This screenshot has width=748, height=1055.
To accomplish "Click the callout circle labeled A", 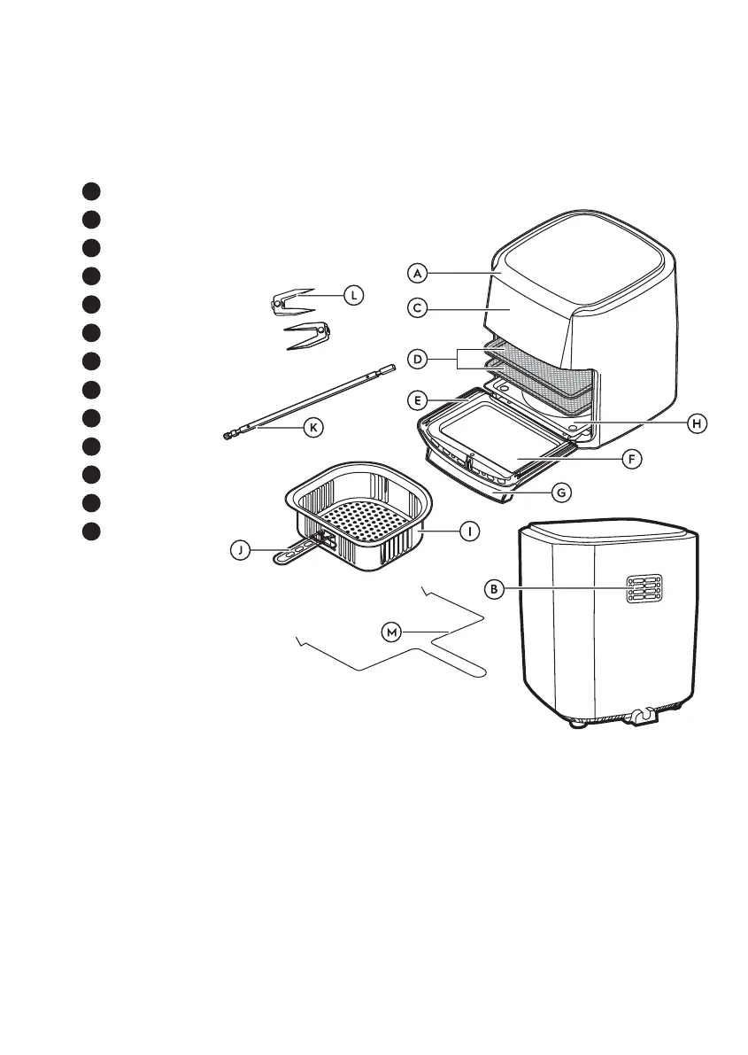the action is pos(420,271).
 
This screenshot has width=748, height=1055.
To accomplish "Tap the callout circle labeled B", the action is pos(497,588).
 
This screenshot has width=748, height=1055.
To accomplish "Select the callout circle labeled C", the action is pos(420,309).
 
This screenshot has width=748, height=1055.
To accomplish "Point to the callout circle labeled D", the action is pos(420,359).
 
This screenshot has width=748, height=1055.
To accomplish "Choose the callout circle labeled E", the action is pos(420,400).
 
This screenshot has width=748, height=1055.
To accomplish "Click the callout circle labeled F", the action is pos(630,461).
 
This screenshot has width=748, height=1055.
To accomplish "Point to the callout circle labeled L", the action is pos(352,295).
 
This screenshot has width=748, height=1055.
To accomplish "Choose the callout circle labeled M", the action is pos(391,632).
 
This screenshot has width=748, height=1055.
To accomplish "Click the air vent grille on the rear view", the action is pos(644,589).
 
